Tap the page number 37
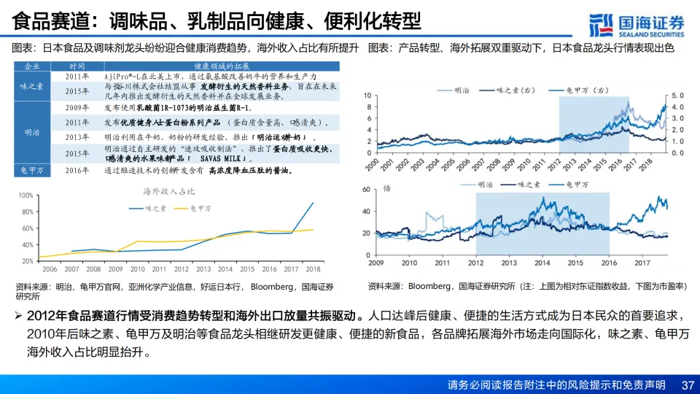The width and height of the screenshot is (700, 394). pos(687,385)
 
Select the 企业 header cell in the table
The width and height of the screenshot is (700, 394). pos(32,66)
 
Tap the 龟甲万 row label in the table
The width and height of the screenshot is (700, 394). pos(32,171)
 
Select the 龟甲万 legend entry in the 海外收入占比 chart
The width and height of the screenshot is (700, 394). pos(190,208)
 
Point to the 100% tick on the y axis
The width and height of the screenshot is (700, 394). pos(26,196)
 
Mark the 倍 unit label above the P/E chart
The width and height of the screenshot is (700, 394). pos(387,188)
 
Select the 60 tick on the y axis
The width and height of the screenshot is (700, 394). pos(367,190)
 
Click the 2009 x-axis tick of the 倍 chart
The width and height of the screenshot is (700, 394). pos(376,263)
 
